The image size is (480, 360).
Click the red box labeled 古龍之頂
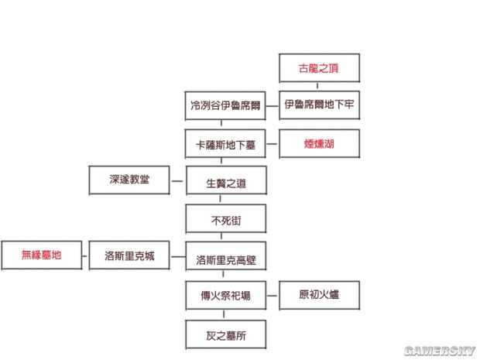pyautogui.click(x=318, y=67)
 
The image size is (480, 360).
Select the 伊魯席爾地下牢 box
pyautogui.click(x=318, y=104)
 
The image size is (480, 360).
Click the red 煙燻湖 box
pyautogui.click(x=318, y=143)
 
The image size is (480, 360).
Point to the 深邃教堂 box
pyautogui.click(x=129, y=180)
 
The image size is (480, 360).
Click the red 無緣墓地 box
pyautogui.click(x=41, y=255)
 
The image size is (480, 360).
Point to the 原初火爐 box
pyautogui.click(x=318, y=295)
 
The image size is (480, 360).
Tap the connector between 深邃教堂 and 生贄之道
pyautogui.click(x=177, y=181)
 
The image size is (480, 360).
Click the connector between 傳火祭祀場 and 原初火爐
pyautogui.click(x=273, y=295)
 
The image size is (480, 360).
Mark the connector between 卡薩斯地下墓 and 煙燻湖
pyautogui.click(x=273, y=143)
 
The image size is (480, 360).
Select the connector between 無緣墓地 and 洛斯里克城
pyautogui.click(x=85, y=255)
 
